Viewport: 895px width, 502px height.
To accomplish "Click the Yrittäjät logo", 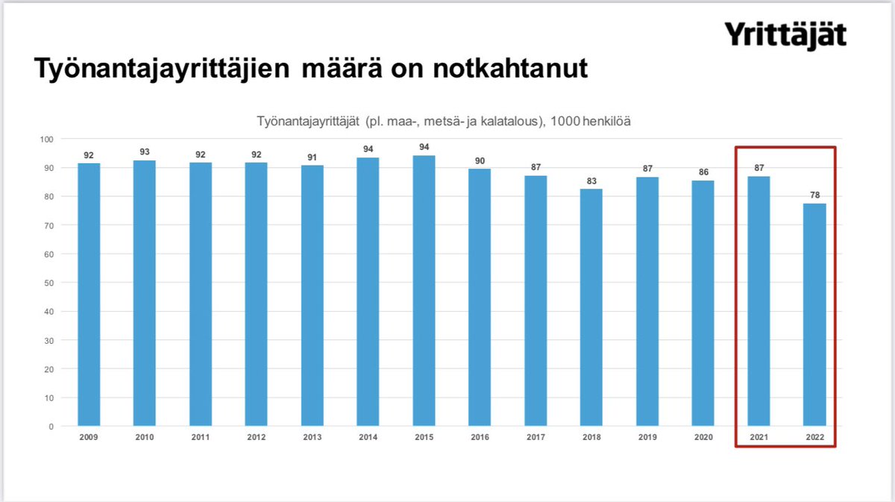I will [785, 36].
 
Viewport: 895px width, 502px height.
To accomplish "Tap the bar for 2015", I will [424, 291].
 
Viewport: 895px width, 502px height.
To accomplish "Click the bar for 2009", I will [89, 295].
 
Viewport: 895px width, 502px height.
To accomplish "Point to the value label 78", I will [814, 195].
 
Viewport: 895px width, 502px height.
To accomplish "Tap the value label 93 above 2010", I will [145, 151].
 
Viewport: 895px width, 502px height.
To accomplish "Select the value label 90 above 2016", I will [480, 160].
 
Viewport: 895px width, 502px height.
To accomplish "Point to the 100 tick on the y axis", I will [47, 139].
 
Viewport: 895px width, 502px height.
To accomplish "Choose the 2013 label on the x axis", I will [312, 437].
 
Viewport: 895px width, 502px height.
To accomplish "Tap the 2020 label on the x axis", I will [703, 437].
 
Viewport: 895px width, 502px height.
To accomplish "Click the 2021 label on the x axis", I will [759, 437].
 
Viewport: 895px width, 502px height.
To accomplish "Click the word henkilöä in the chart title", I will [604, 121].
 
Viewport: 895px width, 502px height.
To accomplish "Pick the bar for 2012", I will [257, 295].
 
